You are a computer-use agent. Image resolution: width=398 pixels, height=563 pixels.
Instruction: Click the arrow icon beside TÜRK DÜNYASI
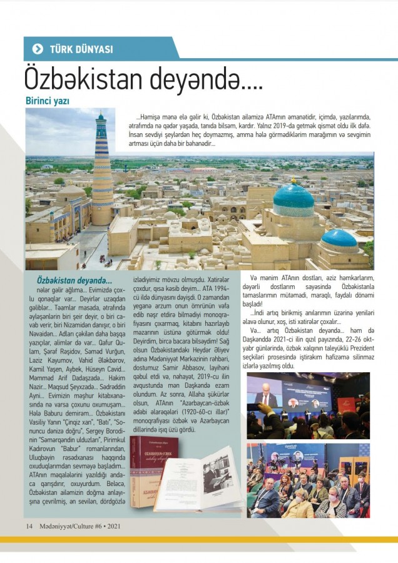38,49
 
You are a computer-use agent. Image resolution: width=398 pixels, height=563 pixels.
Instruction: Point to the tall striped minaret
102,169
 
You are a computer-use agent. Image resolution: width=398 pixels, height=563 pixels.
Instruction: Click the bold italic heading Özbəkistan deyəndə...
74,281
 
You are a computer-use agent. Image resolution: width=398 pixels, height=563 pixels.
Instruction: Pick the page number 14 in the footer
29,525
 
